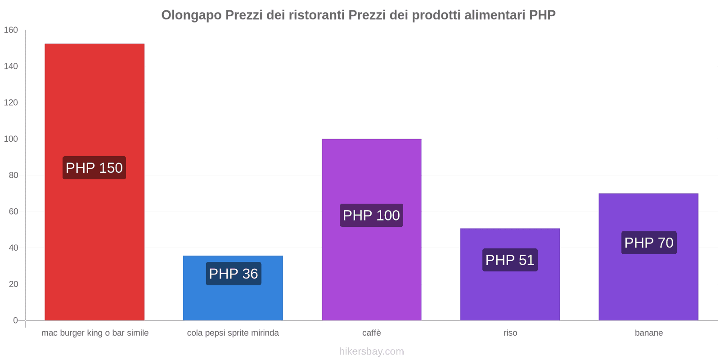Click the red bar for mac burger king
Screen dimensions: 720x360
94,182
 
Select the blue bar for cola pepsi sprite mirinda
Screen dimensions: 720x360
233,288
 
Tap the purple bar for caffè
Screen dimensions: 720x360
372,229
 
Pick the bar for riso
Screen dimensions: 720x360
510,274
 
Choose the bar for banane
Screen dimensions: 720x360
648,257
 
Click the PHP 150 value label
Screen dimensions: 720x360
94,168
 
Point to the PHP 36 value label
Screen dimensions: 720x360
234,274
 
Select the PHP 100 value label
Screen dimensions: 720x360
371,216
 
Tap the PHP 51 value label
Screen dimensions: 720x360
510,260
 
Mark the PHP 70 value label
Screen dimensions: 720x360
649,243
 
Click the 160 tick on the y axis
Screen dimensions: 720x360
11,30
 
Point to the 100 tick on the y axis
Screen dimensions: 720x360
11,139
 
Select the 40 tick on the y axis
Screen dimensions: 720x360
13,248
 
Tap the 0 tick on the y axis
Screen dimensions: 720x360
15,320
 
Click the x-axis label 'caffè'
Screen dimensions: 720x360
372,333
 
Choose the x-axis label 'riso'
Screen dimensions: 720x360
510,333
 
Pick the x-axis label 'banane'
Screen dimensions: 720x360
649,333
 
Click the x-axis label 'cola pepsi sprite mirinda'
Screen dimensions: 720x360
233,333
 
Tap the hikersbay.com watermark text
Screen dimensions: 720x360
372,351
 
